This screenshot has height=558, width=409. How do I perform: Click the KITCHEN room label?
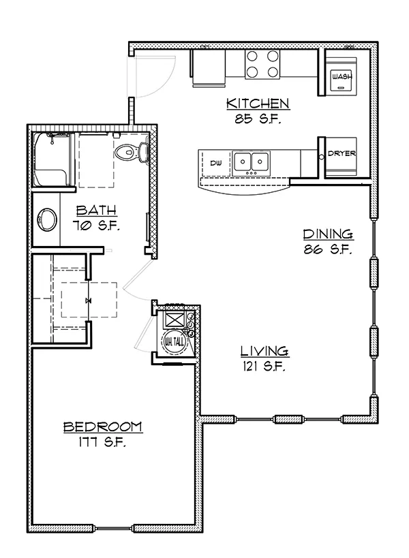[x=258, y=104]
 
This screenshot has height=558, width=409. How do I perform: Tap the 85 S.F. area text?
[x=258, y=119]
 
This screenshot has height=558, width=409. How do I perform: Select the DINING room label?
[x=328, y=234]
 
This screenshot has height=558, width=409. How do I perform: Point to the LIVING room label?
[x=264, y=352]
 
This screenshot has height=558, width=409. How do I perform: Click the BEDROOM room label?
[x=102, y=427]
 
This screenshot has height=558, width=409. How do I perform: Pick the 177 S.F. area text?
[x=102, y=442]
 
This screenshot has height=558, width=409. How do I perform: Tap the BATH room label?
[x=96, y=211]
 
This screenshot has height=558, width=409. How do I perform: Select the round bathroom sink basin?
[x=47, y=220]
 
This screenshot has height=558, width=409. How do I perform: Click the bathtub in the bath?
[x=52, y=159]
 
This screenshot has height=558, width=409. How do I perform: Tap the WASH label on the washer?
[x=342, y=76]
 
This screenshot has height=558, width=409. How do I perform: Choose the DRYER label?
[x=342, y=153]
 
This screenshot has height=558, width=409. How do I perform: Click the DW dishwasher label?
[x=215, y=163]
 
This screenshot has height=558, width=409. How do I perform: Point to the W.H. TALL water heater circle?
[x=175, y=342]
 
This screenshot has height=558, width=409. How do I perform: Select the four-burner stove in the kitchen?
[x=262, y=65]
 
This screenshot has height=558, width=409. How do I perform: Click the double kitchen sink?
[x=251, y=164]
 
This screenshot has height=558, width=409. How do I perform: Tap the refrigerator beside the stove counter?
[x=209, y=68]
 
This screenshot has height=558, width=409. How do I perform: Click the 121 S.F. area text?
[x=264, y=366]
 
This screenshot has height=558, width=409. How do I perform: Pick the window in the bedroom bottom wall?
[x=113, y=528]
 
